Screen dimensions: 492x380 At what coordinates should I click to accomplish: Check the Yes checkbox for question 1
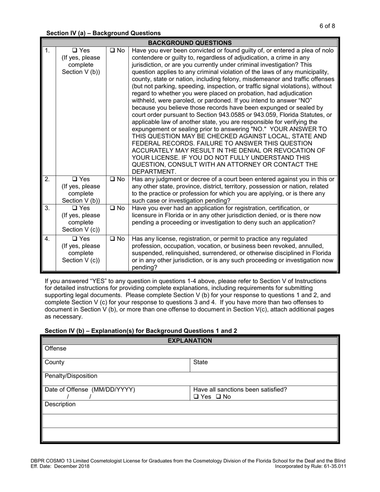[x=75, y=51]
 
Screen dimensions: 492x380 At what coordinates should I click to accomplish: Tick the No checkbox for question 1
[x=112, y=51]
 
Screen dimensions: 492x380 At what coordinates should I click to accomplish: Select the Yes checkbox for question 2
[x=75, y=179]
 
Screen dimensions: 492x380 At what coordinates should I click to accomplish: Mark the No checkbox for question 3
[x=112, y=208]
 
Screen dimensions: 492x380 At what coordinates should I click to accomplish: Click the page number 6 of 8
[x=327, y=26]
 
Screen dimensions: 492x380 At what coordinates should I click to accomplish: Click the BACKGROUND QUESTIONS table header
[x=190, y=42]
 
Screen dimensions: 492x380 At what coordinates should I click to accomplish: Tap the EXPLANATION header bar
[x=190, y=341]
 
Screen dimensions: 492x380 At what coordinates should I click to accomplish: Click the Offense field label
[x=56, y=349]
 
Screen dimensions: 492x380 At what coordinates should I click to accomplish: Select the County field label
[x=54, y=362]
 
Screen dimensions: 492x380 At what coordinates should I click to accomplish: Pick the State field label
[x=200, y=362]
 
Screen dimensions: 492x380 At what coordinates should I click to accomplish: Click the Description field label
[x=60, y=404]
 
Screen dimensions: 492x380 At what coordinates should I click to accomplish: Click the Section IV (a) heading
[x=104, y=33]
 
